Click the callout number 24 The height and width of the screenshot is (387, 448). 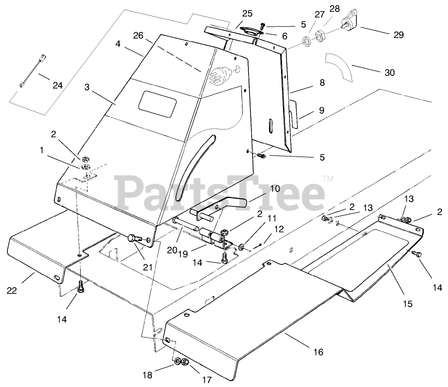tap(58, 85)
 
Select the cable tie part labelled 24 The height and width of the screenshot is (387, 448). tap(31, 70)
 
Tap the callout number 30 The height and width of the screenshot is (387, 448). tap(389, 72)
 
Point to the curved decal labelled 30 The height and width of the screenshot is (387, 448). tap(338, 67)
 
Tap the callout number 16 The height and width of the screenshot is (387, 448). tap(318, 352)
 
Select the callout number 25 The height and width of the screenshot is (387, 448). tap(247, 13)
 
